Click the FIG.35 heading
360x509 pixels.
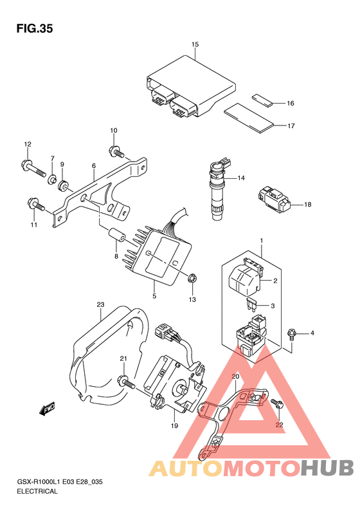point(34,28)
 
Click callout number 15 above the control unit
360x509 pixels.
point(195,44)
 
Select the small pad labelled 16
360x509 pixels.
point(262,100)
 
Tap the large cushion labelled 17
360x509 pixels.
point(249,118)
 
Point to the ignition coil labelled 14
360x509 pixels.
point(218,189)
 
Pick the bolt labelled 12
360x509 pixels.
point(33,169)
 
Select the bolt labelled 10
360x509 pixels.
point(116,151)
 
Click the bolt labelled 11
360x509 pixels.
point(35,205)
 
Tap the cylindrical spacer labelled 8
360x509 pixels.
point(116,235)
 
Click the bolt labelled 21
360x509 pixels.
point(127,382)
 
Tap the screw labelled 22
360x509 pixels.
point(277,403)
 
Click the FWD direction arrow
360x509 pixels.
point(47,409)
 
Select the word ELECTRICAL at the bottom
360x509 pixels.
point(37,491)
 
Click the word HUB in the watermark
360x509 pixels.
point(327,468)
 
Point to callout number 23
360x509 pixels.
point(100,304)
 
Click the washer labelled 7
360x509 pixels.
point(52,180)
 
